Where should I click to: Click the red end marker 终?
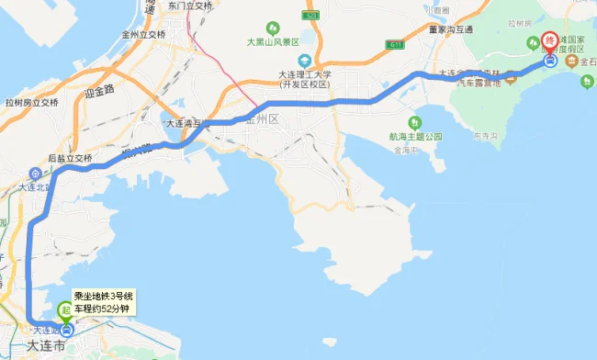point(550,41)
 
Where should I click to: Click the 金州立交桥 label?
point(138,35)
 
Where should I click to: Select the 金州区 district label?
point(260,119)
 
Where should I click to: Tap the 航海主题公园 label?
point(415,136)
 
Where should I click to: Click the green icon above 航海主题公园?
point(415,120)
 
